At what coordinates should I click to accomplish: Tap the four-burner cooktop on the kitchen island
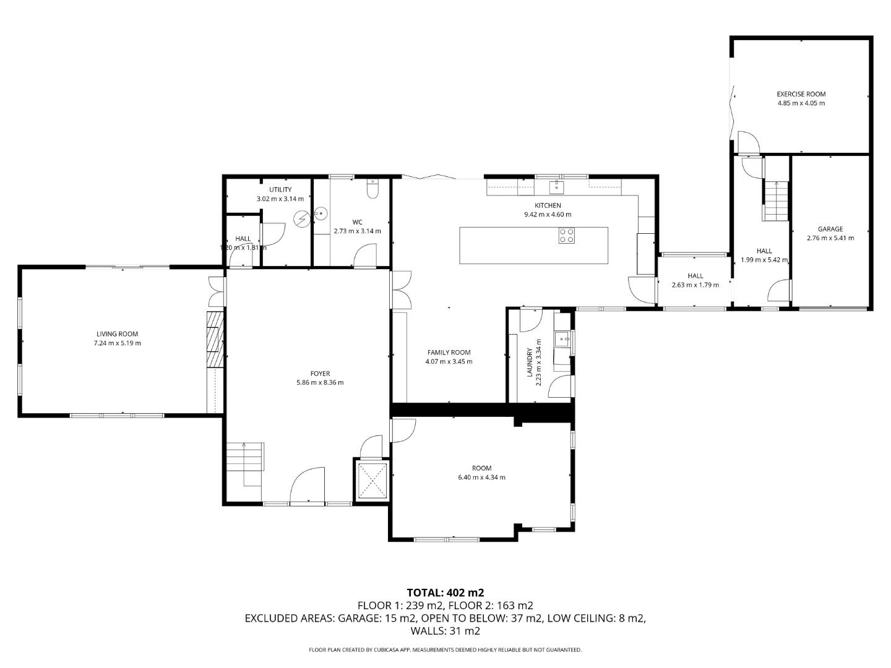[567, 236]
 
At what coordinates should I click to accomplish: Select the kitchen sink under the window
[556, 187]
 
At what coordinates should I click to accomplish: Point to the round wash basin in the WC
[321, 213]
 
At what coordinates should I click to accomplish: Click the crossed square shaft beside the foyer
[371, 481]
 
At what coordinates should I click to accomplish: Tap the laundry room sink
[562, 339]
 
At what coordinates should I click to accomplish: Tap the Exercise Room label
[801, 94]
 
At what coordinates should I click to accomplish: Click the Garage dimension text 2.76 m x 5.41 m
[830, 238]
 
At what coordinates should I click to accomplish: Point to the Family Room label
[449, 353]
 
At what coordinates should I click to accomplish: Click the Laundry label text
[529, 362]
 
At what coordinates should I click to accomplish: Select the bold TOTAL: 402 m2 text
[445, 593]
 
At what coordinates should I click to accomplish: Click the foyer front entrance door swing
[308, 485]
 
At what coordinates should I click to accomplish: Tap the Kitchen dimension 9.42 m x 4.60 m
[548, 215]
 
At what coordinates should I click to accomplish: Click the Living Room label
[118, 334]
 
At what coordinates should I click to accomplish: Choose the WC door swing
[365, 255]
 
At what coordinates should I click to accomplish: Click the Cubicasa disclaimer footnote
[445, 649]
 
